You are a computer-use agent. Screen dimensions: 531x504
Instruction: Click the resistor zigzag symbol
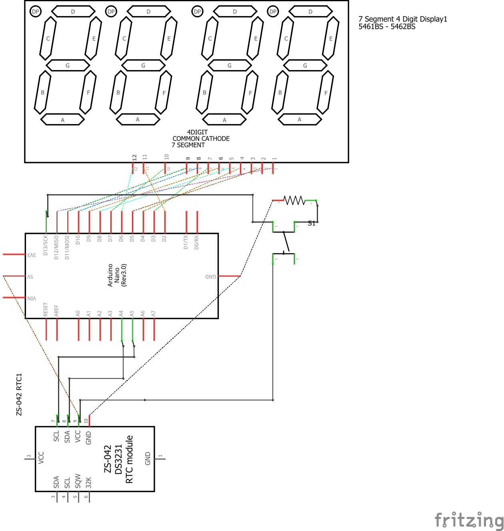tap(294, 200)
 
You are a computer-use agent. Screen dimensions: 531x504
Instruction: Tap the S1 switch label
tap(312, 223)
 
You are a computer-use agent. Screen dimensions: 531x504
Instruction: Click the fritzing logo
tap(469, 520)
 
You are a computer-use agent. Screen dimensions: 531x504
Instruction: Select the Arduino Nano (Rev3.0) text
tap(117, 275)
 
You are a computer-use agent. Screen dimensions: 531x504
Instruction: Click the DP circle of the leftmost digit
tap(36, 12)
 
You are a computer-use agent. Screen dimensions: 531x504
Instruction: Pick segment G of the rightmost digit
tap(305, 65)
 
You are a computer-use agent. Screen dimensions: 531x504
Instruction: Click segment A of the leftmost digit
tap(62, 120)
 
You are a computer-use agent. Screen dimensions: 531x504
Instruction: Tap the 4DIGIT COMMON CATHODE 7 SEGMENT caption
tap(200, 139)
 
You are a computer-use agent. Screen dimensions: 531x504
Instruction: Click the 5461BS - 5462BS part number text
tap(387, 27)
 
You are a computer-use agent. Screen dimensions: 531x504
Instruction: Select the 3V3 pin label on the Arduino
tap(31, 255)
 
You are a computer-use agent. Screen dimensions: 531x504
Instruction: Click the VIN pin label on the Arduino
tap(32, 298)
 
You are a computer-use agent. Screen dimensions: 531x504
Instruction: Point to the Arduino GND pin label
tap(210, 276)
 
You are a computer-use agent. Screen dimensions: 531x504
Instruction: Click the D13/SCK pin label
tap(46, 245)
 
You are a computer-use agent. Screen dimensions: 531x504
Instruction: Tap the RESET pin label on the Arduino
tap(46, 310)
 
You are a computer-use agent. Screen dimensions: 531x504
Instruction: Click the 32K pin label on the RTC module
tap(88, 482)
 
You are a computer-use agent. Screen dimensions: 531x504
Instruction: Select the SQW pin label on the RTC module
tap(78, 481)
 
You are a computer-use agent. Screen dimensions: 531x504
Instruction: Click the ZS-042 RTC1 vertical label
tap(19, 394)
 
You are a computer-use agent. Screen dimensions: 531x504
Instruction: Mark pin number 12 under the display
tap(135, 157)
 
